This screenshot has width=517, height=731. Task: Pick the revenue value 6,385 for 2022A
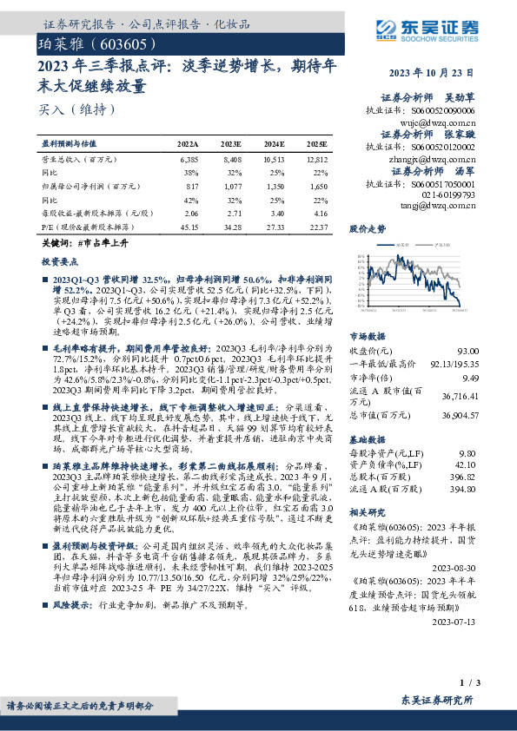click(189, 161)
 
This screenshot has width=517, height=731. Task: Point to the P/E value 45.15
click(189, 227)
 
